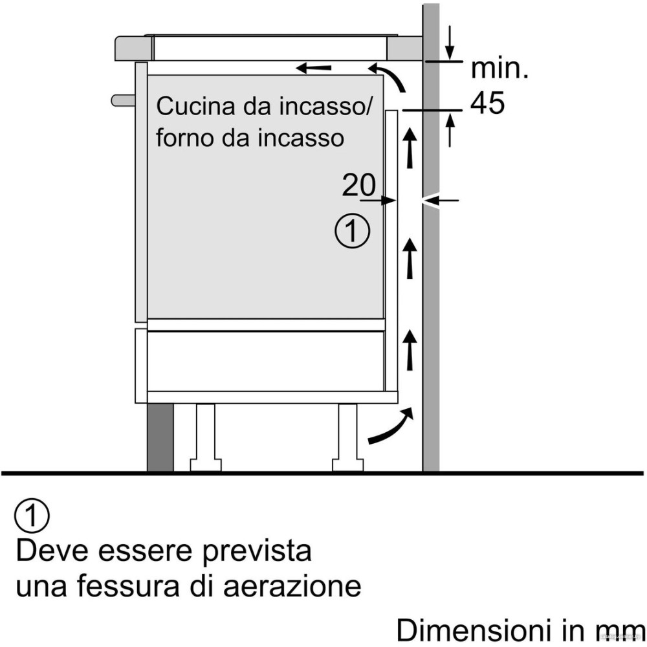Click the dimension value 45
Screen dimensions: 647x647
coord(487,103)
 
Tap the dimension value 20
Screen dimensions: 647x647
coord(358,186)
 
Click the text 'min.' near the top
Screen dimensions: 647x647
coord(499,69)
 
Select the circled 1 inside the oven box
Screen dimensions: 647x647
coord(353,231)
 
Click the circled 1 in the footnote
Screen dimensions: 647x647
coord(31,516)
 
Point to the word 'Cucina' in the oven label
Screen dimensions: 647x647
coord(192,107)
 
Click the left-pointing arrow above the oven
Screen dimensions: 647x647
coord(314,67)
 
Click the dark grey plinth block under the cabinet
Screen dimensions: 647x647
coord(160,438)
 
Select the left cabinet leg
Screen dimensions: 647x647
coord(206,437)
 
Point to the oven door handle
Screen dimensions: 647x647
coord(123,100)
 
